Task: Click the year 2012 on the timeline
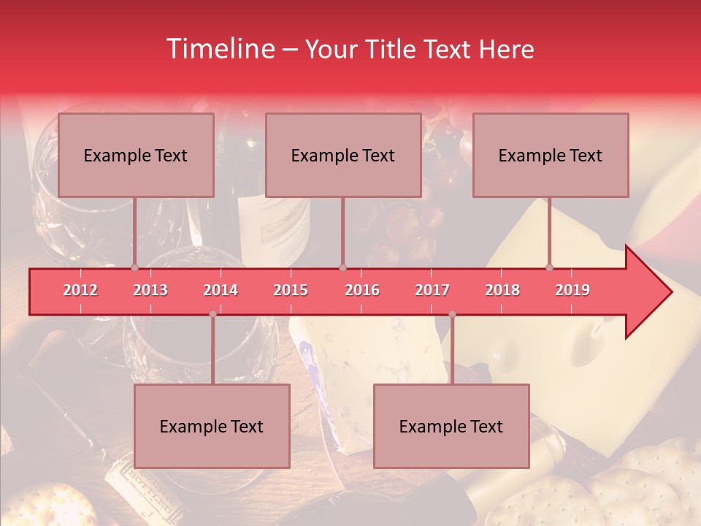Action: click(80, 290)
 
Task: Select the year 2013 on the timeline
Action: click(150, 290)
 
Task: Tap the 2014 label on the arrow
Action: click(221, 290)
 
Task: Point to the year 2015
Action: click(291, 290)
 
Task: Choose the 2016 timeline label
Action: click(362, 290)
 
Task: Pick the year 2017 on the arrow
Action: click(432, 290)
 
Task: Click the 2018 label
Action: click(502, 290)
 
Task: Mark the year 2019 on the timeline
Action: click(572, 290)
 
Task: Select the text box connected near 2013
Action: click(136, 155)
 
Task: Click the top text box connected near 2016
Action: click(343, 155)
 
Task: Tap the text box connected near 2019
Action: click(551, 155)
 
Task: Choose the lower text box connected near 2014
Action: click(212, 426)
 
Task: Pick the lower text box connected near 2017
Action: click(451, 426)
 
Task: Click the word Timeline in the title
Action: click(219, 49)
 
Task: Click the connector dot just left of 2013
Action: click(134, 267)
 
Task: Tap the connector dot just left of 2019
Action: click(549, 267)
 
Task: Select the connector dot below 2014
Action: click(212, 314)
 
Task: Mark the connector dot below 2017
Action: click(452, 314)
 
